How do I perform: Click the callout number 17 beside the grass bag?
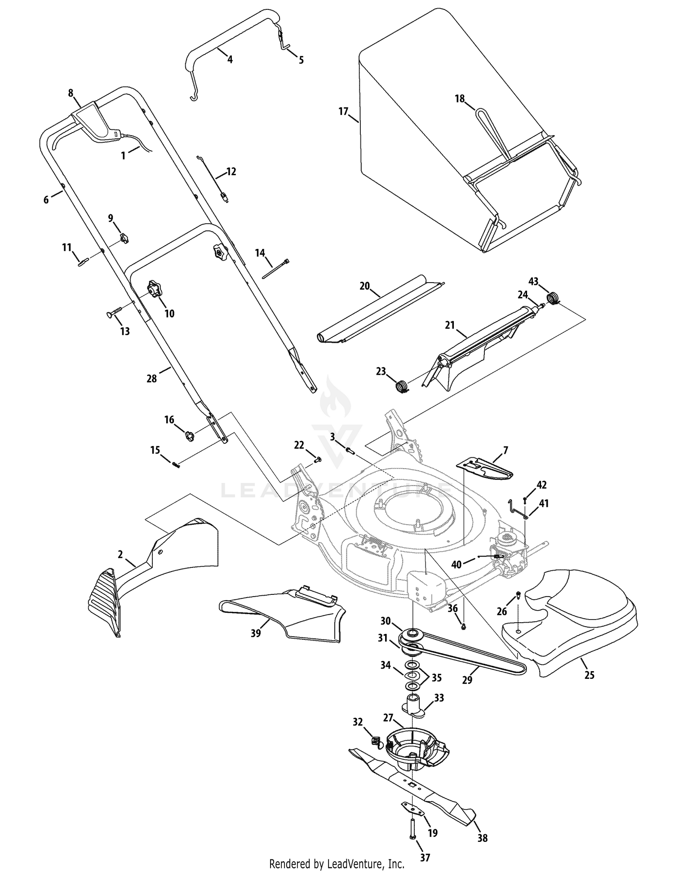point(343,111)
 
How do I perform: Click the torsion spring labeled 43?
point(553,297)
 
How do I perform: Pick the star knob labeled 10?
point(155,288)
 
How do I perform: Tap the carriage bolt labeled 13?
point(114,313)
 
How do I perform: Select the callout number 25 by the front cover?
point(589,687)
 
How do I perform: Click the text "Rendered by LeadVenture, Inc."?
point(337,863)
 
